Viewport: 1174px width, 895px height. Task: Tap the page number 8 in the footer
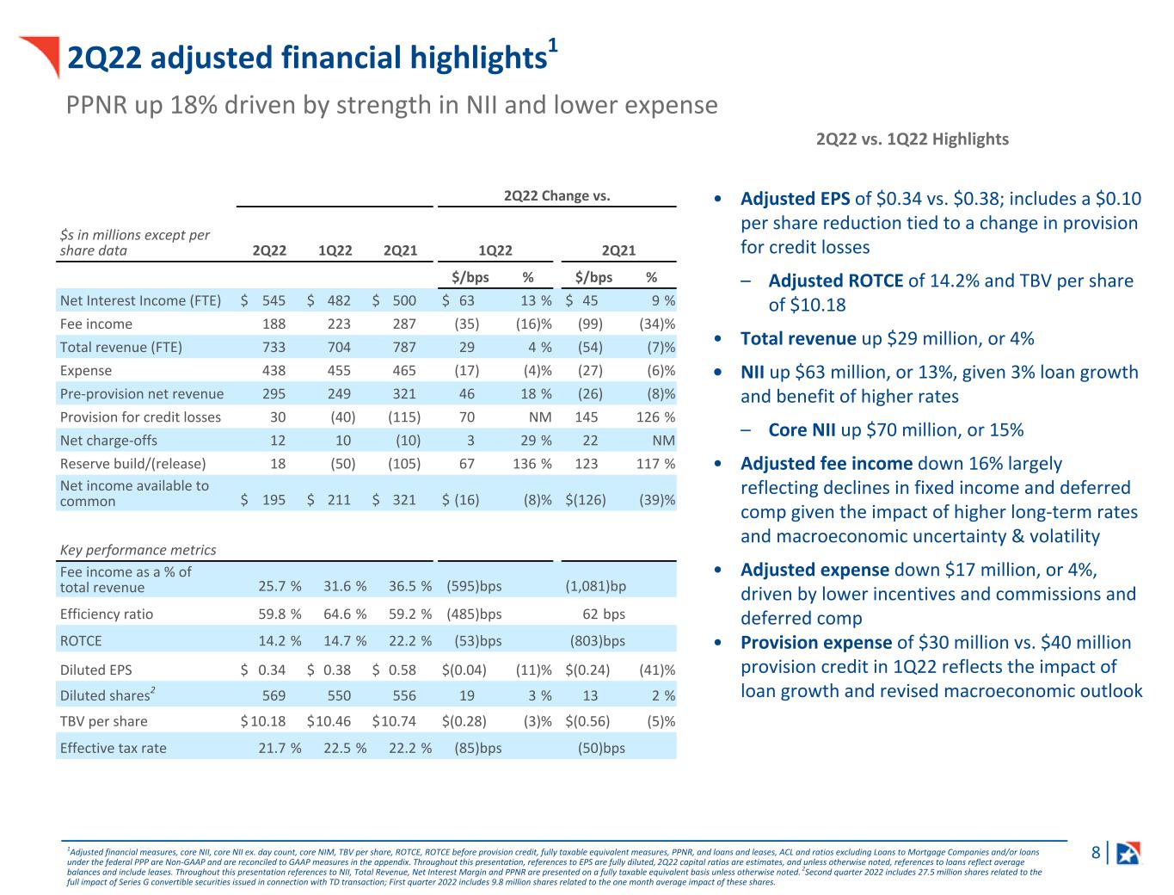coord(1095,853)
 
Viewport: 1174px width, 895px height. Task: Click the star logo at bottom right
coord(1128,853)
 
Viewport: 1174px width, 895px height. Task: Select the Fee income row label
coord(96,324)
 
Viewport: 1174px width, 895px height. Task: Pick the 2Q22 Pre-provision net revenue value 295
coord(273,394)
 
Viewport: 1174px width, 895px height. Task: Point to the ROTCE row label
coord(81,641)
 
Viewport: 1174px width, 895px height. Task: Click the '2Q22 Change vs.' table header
coord(556,195)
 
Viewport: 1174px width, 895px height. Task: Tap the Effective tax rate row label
coord(113,748)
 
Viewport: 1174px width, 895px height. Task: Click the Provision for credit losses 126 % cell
coord(655,417)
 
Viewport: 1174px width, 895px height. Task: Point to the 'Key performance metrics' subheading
coord(138,550)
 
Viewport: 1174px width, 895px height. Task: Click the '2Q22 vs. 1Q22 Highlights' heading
coord(912,139)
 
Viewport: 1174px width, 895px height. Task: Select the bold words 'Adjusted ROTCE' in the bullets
coord(835,281)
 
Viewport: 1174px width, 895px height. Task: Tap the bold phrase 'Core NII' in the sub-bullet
coord(802,430)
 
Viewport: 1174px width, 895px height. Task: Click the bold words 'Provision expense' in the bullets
coord(816,643)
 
